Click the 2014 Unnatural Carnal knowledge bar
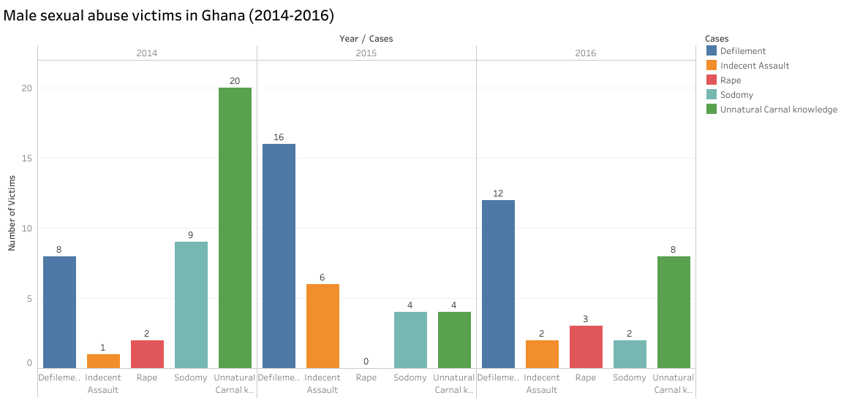point(235,227)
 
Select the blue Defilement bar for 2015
point(279,256)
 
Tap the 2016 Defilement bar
point(498,283)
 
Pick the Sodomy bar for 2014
point(191,305)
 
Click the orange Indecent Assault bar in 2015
point(323,326)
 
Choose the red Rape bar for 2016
point(586,346)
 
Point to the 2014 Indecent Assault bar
point(103,361)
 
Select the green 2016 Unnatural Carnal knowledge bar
point(674,312)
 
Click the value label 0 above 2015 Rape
point(366,361)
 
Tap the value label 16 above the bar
point(279,137)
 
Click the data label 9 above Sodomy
point(191,234)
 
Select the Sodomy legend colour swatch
point(712,95)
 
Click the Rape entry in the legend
point(731,80)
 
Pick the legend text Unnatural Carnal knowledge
point(778,110)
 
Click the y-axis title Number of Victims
point(12,211)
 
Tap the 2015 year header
point(366,53)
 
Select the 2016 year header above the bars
point(586,53)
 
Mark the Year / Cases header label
point(366,38)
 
